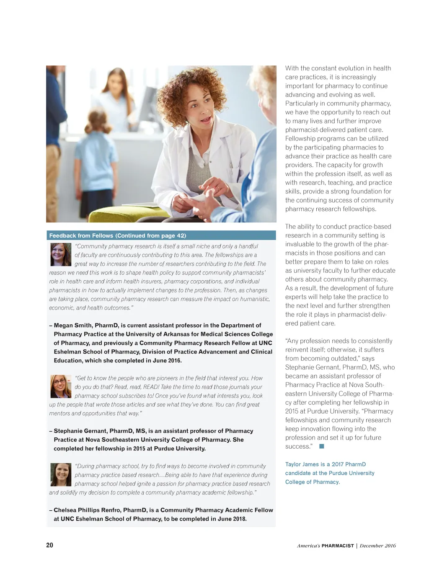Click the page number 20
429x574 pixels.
click(49, 545)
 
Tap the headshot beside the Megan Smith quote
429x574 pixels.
click(61, 255)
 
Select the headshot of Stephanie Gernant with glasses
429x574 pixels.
click(61, 386)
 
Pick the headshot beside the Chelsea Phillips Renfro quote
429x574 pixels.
click(61, 474)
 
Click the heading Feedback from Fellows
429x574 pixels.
click(81, 235)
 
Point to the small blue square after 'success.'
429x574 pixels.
click(322, 446)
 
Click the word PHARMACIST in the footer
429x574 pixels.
click(338, 546)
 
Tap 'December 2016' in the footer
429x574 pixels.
click(377, 546)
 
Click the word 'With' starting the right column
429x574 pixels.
click(292, 68)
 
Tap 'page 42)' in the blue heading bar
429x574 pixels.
click(175, 235)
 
